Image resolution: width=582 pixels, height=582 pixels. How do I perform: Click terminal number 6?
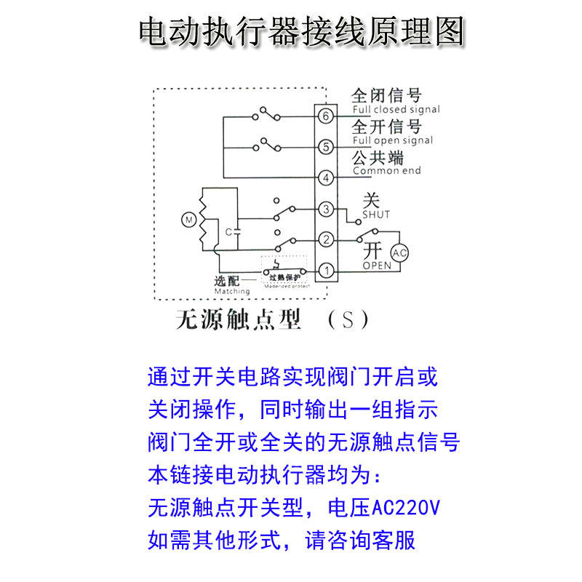coord(325,116)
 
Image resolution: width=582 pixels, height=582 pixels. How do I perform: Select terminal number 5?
coord(325,147)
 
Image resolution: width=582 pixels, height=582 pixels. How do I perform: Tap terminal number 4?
coord(325,178)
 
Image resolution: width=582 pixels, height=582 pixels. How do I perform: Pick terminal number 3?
coord(325,210)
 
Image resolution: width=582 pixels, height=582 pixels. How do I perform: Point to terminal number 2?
coord(325,239)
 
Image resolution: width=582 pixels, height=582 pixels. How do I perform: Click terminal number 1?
coord(325,271)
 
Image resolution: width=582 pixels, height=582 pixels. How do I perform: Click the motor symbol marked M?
coord(188,219)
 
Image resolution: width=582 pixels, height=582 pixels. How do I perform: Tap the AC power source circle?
coord(399,253)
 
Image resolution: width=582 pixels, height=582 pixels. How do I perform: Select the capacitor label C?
coord(228,231)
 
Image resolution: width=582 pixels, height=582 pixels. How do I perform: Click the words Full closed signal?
coord(396,110)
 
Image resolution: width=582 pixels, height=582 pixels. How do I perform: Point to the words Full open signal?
coord(392,140)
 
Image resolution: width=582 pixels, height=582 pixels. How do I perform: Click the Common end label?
coord(386,171)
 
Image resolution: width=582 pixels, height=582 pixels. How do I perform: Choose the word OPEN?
coord(376,266)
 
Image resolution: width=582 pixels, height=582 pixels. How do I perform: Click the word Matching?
coord(231,292)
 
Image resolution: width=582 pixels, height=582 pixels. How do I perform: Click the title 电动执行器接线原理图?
coord(300,33)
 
